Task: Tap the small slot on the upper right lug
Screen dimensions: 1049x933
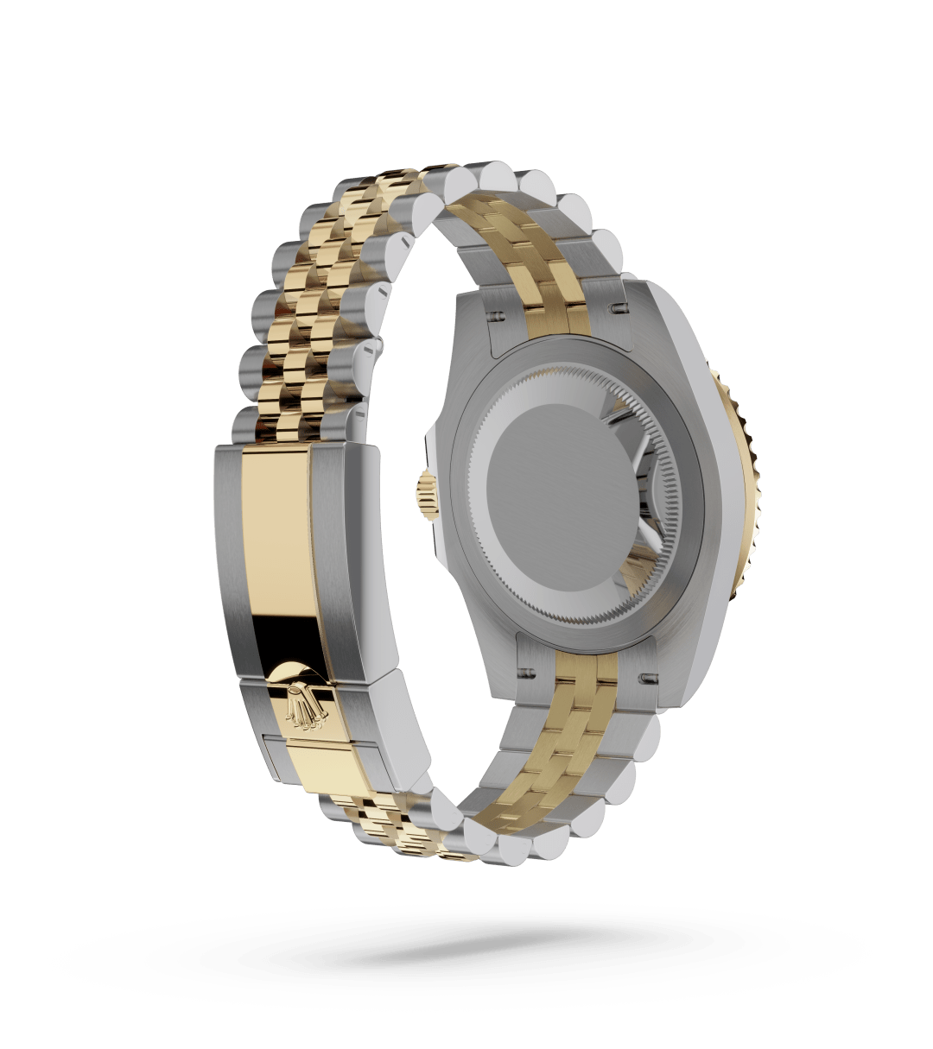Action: pos(619,306)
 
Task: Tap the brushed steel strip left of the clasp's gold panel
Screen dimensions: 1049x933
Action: pos(228,553)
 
